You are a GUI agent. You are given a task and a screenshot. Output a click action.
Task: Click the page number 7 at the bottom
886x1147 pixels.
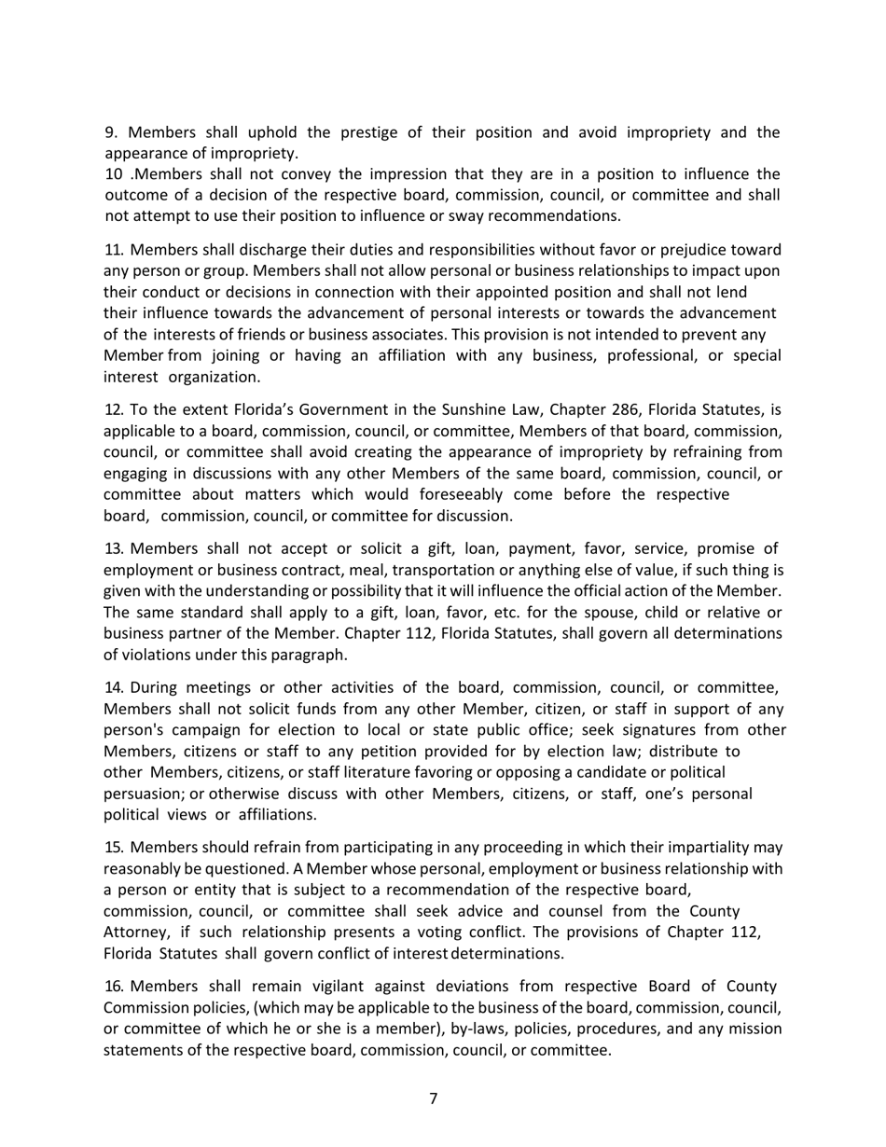coord(434,1099)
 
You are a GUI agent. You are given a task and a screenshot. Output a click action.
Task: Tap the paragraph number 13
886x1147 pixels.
coord(114,547)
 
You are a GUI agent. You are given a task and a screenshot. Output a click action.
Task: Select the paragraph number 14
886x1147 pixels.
coord(114,688)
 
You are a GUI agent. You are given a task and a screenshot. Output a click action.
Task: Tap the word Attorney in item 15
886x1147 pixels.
coord(135,932)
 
